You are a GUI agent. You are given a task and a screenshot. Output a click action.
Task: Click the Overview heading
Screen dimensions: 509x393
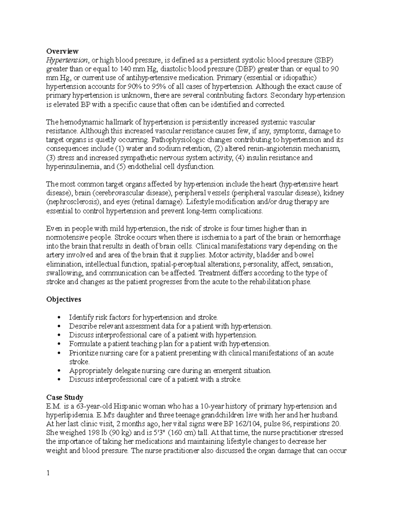click(62, 51)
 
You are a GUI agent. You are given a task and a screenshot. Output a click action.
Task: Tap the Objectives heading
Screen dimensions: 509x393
click(64, 299)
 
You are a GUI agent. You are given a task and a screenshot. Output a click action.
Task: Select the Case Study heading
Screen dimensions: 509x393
click(65, 397)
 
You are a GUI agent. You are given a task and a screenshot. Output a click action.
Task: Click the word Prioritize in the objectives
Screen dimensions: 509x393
click(82, 353)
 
